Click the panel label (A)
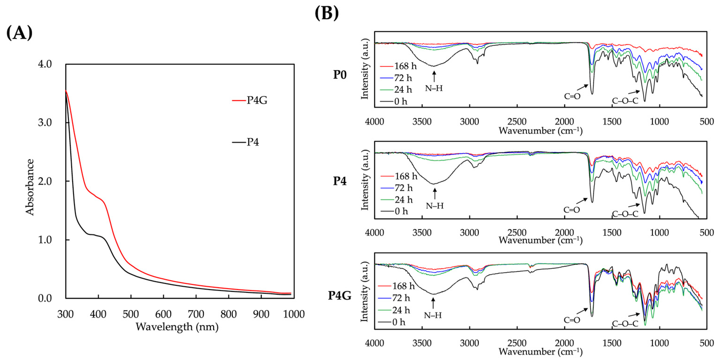coord(19,33)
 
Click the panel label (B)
coord(327,13)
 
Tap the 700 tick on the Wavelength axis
coord(196,314)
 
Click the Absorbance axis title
coord(30,187)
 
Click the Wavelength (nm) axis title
coord(177,327)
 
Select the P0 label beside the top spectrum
coord(340,75)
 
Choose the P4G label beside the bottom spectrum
coord(339,295)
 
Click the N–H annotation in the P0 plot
coord(434,88)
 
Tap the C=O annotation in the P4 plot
coord(572,210)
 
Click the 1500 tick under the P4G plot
coord(612,343)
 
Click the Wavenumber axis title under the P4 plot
coord(541,240)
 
